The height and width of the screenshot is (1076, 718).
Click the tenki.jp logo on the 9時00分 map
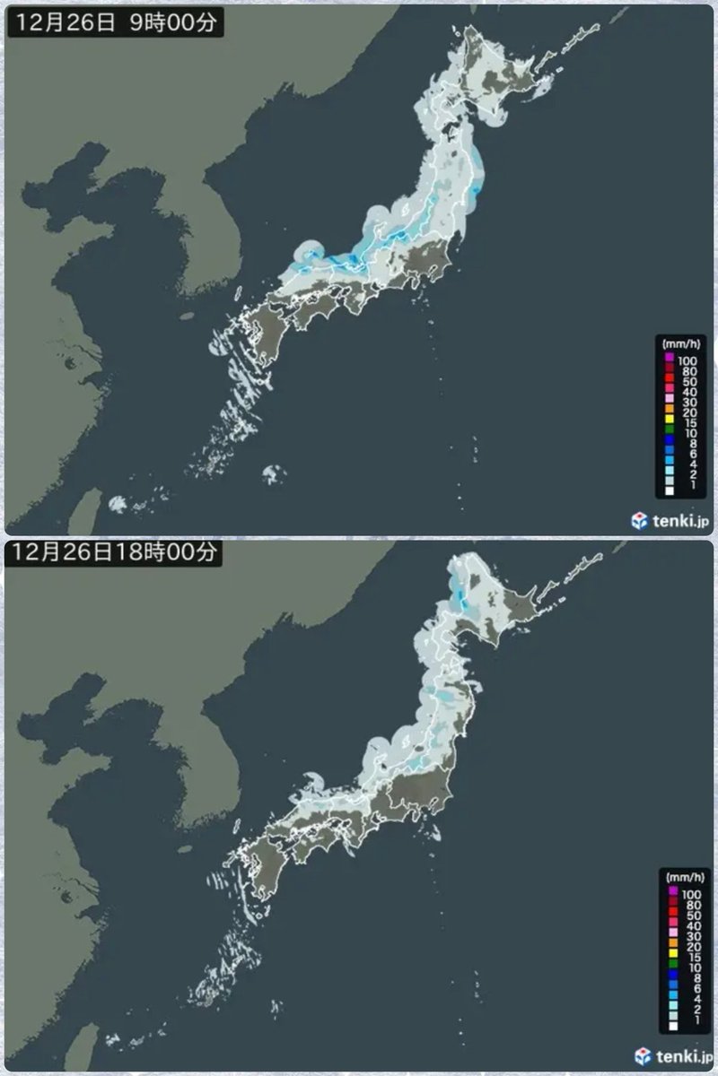[x=670, y=521]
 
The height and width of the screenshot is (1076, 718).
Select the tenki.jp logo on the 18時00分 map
[x=672, y=1055]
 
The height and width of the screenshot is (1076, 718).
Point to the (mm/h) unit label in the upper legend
[x=676, y=344]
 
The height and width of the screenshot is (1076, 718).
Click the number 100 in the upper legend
[x=688, y=360]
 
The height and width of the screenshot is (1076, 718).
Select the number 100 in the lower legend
[x=692, y=894]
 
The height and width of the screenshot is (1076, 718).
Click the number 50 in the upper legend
[x=687, y=382]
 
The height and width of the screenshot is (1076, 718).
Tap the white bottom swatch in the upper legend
[x=670, y=491]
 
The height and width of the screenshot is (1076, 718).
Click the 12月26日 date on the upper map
[x=65, y=24]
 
